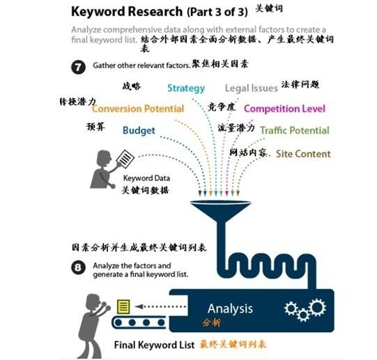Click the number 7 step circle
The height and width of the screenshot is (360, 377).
78,67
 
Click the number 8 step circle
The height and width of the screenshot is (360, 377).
78,267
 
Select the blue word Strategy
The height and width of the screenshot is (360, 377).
186,88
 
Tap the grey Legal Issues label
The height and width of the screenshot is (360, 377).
252,88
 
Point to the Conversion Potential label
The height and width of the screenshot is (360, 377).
138,109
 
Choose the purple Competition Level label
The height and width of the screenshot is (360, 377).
284,109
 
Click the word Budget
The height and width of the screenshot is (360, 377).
139,130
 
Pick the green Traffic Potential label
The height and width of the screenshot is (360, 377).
295,130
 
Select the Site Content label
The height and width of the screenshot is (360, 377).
303,154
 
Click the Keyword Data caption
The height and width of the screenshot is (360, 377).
146,178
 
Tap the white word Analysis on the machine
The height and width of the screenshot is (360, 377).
230,308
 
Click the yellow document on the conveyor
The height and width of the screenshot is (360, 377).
123,306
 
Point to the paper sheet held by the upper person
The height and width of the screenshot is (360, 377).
125,159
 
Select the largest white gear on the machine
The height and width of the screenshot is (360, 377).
317,307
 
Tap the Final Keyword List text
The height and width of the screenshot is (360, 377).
154,345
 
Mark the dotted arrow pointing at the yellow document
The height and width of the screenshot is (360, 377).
160,306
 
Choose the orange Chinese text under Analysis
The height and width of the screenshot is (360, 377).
211,322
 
